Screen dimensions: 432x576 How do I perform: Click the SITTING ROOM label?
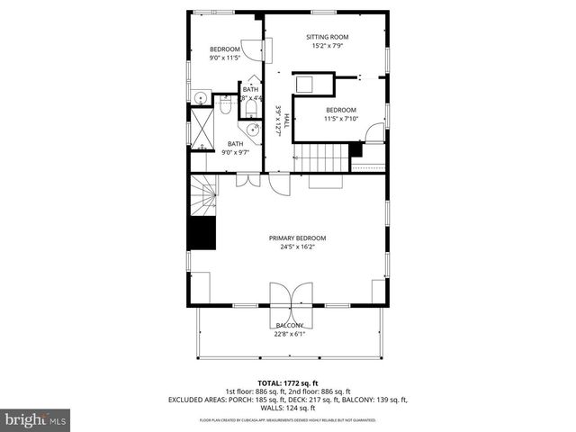point(330,37)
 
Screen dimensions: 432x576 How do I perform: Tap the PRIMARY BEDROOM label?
point(297,238)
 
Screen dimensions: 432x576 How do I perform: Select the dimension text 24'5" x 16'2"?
point(297,247)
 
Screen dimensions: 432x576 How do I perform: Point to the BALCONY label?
point(290,326)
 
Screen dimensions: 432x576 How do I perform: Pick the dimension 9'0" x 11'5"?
point(225,58)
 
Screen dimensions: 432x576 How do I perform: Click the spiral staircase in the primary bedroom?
point(203,194)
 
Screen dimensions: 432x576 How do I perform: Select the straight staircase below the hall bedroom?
point(323,157)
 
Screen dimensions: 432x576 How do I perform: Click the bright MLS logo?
point(35,419)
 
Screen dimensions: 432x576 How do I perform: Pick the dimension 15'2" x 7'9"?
point(330,46)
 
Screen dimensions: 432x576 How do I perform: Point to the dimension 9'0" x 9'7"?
point(235,152)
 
